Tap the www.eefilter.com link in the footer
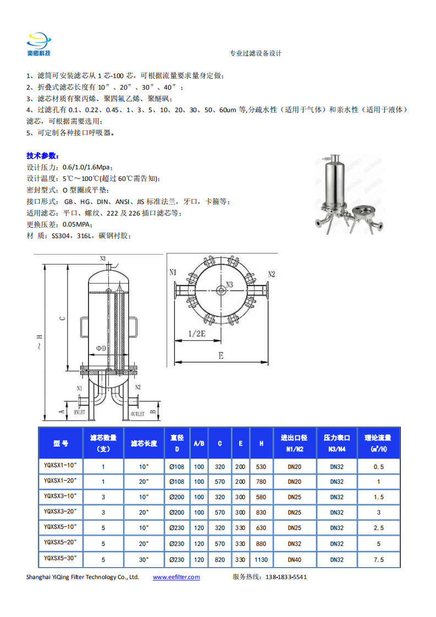coord(176,577)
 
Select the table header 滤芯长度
coord(144,443)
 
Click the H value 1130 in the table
coord(261,559)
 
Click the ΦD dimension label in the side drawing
coord(101,349)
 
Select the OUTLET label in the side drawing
coord(137,413)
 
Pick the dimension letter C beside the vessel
coord(63,317)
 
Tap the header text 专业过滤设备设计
coord(256,54)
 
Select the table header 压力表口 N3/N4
coord(336,443)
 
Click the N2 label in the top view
coord(272,273)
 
